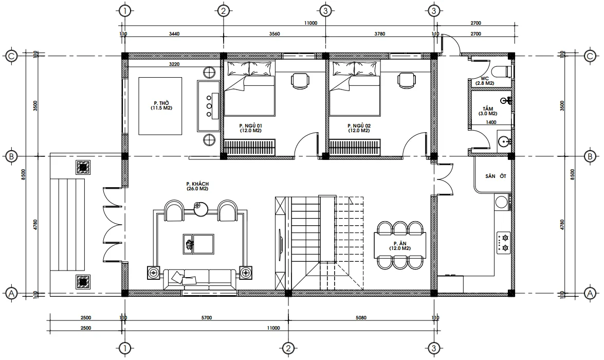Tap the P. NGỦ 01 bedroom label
pyautogui.click(x=250, y=128)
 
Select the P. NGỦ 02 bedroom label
pyautogui.click(x=358, y=128)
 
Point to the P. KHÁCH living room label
pyautogui.click(x=197, y=186)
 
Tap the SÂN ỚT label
pyautogui.click(x=496, y=176)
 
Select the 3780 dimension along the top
pyautogui.click(x=379, y=34)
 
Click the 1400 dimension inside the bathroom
pyautogui.click(x=491, y=122)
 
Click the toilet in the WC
pyautogui.click(x=502, y=71)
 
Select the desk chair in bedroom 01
pyautogui.click(x=300, y=80)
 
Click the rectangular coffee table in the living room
pyautogui.click(x=198, y=243)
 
